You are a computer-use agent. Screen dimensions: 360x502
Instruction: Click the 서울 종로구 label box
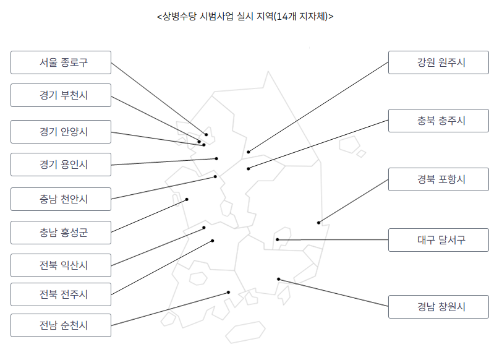[x=61, y=62]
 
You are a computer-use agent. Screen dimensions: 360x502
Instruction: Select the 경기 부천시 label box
[x=61, y=95]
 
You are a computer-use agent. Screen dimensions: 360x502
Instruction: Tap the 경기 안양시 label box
[x=61, y=132]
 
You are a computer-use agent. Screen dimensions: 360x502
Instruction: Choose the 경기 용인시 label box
[x=61, y=165]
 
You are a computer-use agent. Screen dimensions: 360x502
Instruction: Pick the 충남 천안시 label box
[x=61, y=199]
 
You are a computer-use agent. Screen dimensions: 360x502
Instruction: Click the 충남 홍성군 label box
[x=61, y=233]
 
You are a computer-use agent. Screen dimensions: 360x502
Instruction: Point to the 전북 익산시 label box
[x=61, y=265]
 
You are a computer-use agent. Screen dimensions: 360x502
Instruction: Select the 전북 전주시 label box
[x=61, y=294]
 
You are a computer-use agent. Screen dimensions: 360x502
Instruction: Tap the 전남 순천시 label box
[x=61, y=325]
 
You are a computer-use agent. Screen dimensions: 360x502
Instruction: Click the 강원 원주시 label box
[x=438, y=62]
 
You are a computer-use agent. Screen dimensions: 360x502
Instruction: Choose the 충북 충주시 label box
[x=438, y=121]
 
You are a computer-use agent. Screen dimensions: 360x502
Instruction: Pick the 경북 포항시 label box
[x=438, y=179]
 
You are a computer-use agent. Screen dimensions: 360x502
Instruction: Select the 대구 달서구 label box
[x=438, y=240]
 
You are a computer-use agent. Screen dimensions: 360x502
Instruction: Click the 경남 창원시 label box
[x=438, y=307]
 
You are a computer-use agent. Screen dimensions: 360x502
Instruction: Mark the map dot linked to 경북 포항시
[x=319, y=223]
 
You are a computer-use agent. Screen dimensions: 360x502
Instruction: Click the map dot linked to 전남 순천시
[x=229, y=292]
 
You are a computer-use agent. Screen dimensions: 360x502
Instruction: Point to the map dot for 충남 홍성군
[x=187, y=199]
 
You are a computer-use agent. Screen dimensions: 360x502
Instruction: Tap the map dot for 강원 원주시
[x=248, y=152]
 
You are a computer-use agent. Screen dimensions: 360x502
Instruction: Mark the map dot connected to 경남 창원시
[x=279, y=279]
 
